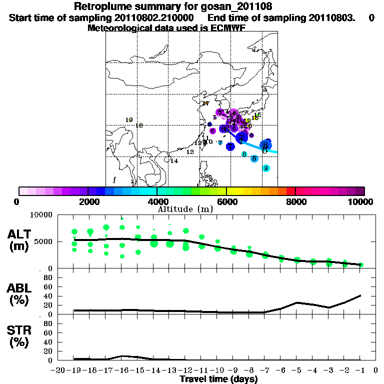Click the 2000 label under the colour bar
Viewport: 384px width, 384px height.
point(87,201)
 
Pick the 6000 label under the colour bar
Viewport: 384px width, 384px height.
point(226,201)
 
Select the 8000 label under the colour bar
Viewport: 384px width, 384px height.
point(296,201)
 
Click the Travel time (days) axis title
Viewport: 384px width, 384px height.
point(218,379)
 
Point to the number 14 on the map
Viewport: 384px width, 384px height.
point(174,161)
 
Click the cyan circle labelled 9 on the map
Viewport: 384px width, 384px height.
point(266,168)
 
